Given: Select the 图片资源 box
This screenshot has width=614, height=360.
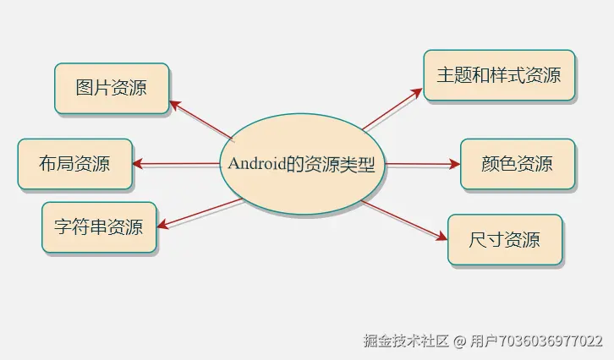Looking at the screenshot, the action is coord(111,87).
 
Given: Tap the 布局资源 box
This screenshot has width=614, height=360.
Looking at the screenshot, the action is coord(74,163).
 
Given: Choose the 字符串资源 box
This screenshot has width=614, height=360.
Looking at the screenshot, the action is coord(99,226).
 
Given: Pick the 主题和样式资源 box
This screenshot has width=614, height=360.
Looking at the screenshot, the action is coord(499,75).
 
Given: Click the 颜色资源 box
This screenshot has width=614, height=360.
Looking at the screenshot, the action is coord(517,163).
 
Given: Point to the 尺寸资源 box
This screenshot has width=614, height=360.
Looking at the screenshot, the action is coord(504,240).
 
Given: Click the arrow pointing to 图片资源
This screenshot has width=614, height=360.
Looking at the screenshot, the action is coord(200,121).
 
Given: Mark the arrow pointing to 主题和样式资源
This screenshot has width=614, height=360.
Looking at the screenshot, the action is coord(392,110).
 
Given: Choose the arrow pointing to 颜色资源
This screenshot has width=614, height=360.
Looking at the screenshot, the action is coord(423,164).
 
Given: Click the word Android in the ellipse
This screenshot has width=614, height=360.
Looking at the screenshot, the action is coord(256,164).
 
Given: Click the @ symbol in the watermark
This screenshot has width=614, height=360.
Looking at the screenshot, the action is coord(459,341).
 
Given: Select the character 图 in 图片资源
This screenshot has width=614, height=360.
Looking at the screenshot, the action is coord(84,87).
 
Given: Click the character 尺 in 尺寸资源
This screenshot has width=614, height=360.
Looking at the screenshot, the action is coord(478,240).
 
